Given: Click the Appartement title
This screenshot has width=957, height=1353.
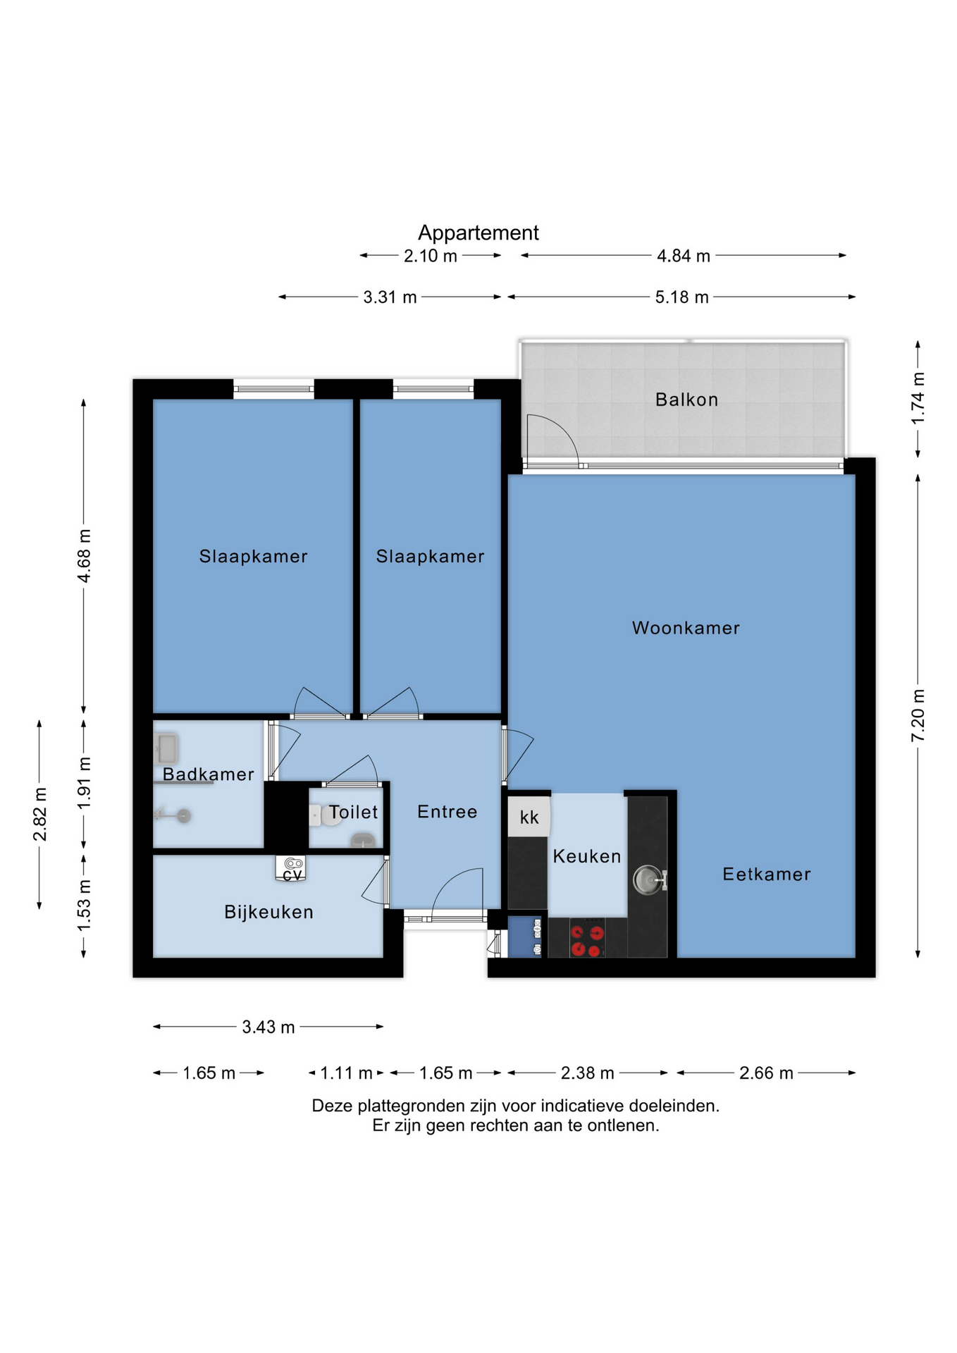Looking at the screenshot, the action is coord(478,233).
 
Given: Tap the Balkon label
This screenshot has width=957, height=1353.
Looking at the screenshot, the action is coord(686,400).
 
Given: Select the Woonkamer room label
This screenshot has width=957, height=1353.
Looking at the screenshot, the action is coord(686,628).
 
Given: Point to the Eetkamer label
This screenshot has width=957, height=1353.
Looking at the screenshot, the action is coord(767,874).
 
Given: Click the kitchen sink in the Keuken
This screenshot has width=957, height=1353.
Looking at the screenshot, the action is coord(648,879).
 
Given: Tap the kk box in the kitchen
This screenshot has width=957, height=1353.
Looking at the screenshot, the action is coord(529,816).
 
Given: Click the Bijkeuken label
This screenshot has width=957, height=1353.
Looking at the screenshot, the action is coord(268,912).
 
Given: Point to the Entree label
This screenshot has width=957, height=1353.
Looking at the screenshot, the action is coord(447,812).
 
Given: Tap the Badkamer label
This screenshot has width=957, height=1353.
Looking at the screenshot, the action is coord(208,774).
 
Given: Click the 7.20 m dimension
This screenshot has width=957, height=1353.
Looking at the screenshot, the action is coord(918,715).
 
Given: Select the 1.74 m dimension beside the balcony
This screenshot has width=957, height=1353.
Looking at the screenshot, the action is coord(918,399).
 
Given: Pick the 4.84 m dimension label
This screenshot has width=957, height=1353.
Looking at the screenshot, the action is coord(683,256).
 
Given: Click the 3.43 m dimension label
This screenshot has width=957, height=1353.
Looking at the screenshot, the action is coord(268,1027).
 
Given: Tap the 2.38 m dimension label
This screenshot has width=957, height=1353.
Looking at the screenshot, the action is coord(587,1073).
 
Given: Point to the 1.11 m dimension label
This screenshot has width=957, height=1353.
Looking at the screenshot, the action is coord(346,1073).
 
